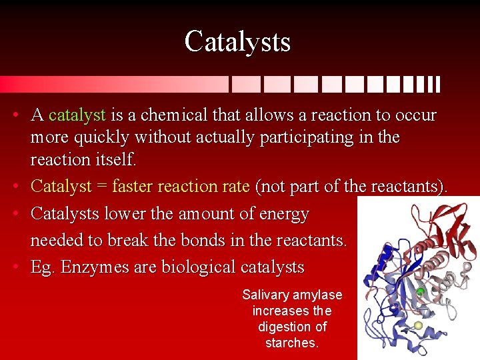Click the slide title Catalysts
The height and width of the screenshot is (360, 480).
(x=237, y=41)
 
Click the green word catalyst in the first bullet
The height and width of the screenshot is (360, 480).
(x=77, y=115)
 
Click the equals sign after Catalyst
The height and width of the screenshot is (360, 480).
(x=101, y=187)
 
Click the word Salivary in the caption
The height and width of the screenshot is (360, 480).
(x=265, y=295)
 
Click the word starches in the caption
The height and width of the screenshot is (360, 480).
(x=292, y=343)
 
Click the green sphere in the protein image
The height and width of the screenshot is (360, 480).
(x=420, y=292)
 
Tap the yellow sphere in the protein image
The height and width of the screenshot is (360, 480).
(x=418, y=325)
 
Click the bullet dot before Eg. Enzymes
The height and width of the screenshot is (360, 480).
(x=15, y=268)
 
